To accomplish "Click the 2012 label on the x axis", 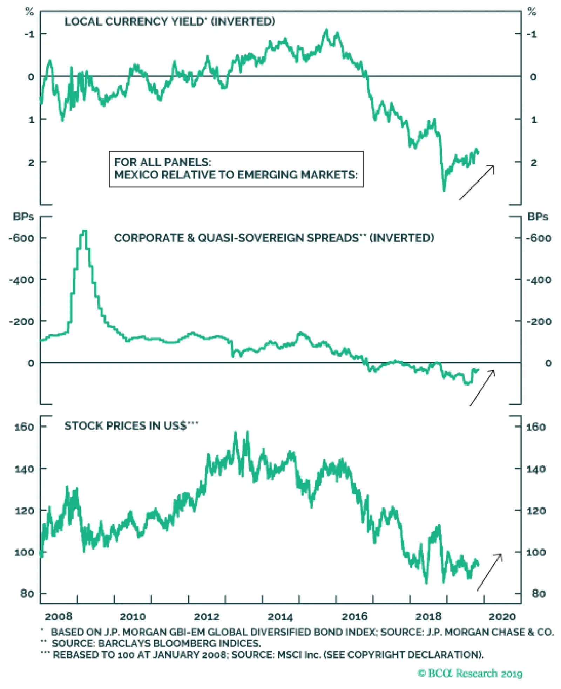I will pyautogui.click(x=207, y=617).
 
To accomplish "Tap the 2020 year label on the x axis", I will pyautogui.click(x=502, y=617).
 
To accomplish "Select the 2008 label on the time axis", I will pyautogui.click(x=59, y=617).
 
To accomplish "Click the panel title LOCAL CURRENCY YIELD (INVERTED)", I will pyautogui.click(x=169, y=22).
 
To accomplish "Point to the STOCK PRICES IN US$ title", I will pyautogui.click(x=130, y=425).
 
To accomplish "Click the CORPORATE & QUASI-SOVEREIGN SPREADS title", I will pyautogui.click(x=273, y=238).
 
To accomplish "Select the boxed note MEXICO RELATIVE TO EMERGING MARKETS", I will pyautogui.click(x=236, y=169).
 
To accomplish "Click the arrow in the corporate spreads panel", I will pyautogui.click(x=482, y=388).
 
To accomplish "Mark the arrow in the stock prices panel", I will pyautogui.click(x=489, y=572).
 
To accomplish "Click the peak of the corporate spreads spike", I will pyautogui.click(x=84, y=231).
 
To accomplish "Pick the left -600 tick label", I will pyautogui.click(x=22, y=238).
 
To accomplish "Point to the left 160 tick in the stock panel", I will pyautogui.click(x=24, y=427).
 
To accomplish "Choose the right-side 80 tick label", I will pyautogui.click(x=539, y=594).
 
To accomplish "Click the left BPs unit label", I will pyautogui.click(x=23, y=217).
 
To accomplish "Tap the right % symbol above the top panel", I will pyautogui.click(x=532, y=12).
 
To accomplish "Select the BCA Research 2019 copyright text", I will pyautogui.click(x=470, y=673).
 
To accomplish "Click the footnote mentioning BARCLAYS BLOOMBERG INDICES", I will pyautogui.click(x=156, y=643).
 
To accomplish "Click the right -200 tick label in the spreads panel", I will pyautogui.click(x=539, y=322).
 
